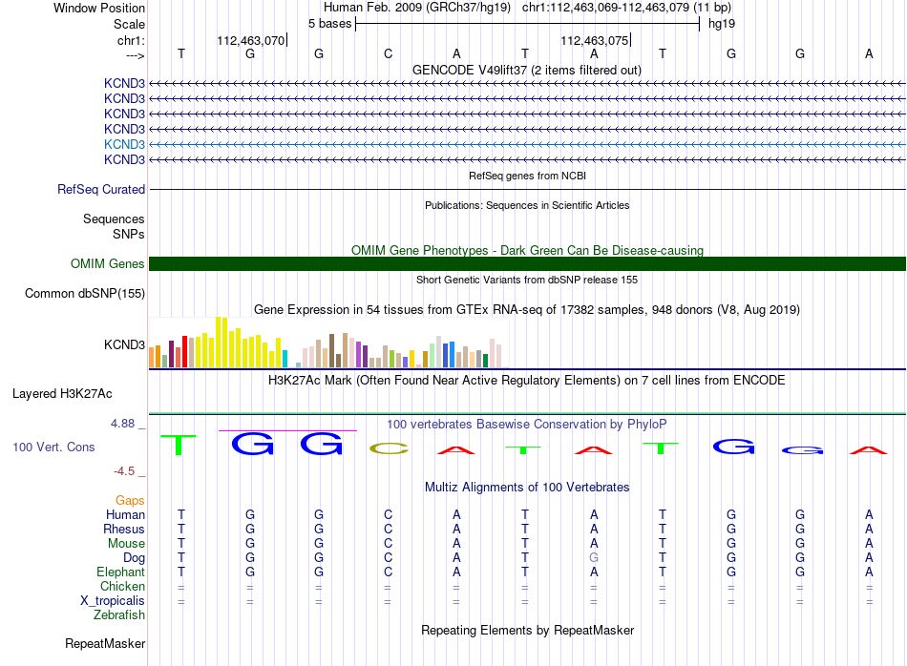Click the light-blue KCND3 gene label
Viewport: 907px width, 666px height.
point(124,144)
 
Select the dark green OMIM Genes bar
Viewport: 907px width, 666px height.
point(527,263)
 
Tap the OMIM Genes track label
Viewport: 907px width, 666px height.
point(108,264)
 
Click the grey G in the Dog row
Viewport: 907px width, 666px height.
point(594,558)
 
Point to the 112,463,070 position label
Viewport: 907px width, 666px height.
point(250,40)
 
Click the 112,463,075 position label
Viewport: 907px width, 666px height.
point(594,40)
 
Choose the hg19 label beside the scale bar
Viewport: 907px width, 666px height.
point(722,24)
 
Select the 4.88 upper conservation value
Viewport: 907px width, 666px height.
point(122,424)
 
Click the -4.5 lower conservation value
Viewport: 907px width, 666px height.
point(124,471)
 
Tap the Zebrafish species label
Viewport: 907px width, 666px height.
point(119,615)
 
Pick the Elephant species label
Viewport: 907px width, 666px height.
point(121,572)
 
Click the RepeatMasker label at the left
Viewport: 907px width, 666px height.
point(105,644)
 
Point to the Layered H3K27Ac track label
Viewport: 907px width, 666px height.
point(62,394)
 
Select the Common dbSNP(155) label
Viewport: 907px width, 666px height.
point(85,294)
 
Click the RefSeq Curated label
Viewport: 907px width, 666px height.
point(101,190)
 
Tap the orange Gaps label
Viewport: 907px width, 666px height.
point(130,501)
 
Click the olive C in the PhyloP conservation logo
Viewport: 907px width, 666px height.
point(389,448)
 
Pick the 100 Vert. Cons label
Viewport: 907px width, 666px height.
point(53,447)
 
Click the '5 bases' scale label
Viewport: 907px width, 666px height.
point(329,24)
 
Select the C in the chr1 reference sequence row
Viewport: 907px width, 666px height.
point(389,53)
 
